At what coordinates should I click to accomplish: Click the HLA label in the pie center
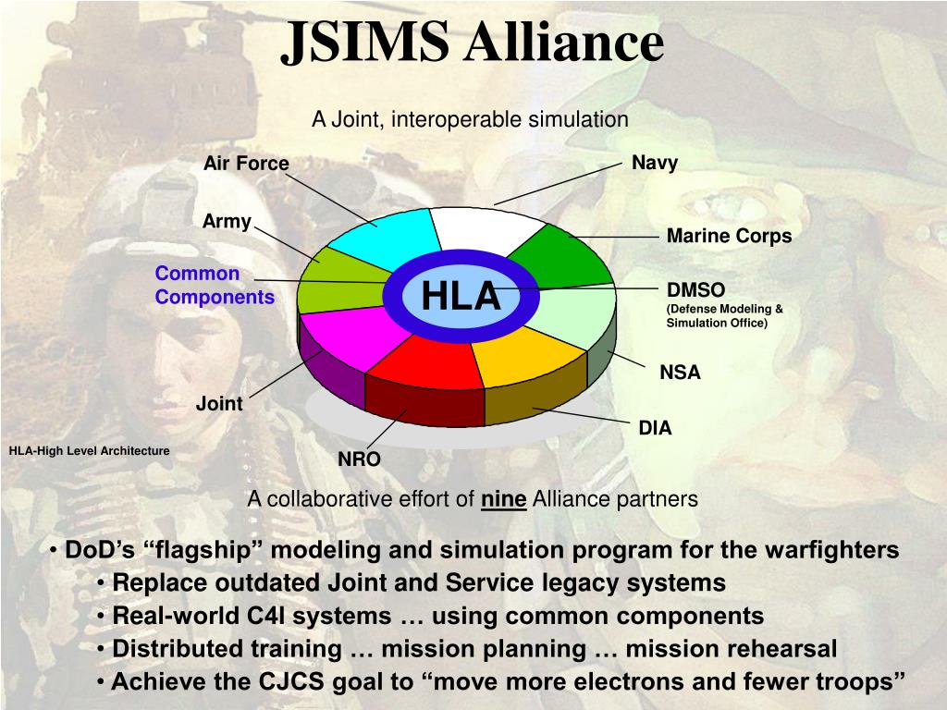tap(461, 297)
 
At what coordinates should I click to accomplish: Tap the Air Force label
tap(246, 164)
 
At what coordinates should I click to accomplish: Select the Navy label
tap(655, 163)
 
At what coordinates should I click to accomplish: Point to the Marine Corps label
tap(729, 236)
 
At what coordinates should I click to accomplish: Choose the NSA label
tap(680, 373)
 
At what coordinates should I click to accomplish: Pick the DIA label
tap(655, 428)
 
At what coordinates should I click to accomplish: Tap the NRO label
tap(359, 459)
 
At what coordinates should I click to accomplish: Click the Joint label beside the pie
tap(219, 403)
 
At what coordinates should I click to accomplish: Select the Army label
tap(227, 222)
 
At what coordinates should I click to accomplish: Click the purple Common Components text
tap(215, 286)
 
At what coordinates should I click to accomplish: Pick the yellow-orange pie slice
tap(532, 356)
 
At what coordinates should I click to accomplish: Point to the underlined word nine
tap(504, 499)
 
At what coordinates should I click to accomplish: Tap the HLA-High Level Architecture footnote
tap(89, 451)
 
